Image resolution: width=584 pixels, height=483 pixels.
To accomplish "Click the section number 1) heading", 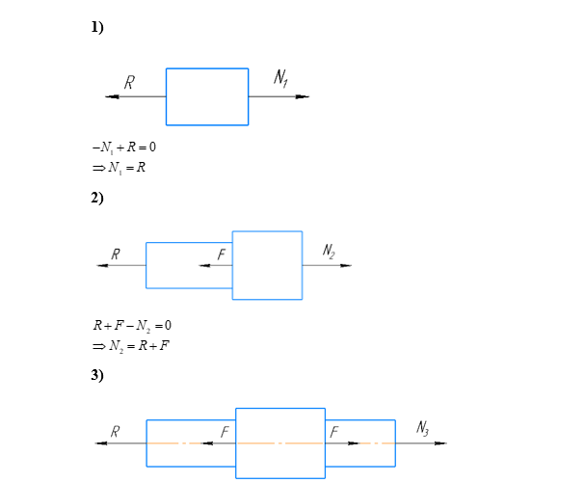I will point(97,28).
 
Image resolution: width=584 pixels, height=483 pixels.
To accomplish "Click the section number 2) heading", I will point(97,199).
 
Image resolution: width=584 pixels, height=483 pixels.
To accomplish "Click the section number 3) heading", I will point(97,375).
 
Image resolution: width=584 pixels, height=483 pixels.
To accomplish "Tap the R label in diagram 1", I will point(129,84).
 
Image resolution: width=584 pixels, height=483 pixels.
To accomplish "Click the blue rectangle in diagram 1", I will point(207,96).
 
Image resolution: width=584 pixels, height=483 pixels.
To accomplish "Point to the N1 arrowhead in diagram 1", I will point(303,96).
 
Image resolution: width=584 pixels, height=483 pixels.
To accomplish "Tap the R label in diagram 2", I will point(116,255).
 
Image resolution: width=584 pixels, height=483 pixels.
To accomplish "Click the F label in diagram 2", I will point(221,255).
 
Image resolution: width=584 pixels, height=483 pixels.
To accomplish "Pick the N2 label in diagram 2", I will point(329,252).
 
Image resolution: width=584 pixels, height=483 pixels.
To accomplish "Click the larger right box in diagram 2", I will point(267,265).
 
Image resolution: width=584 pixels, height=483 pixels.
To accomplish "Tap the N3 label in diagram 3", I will point(423,428).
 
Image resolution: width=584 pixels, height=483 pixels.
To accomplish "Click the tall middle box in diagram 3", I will point(280,443).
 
